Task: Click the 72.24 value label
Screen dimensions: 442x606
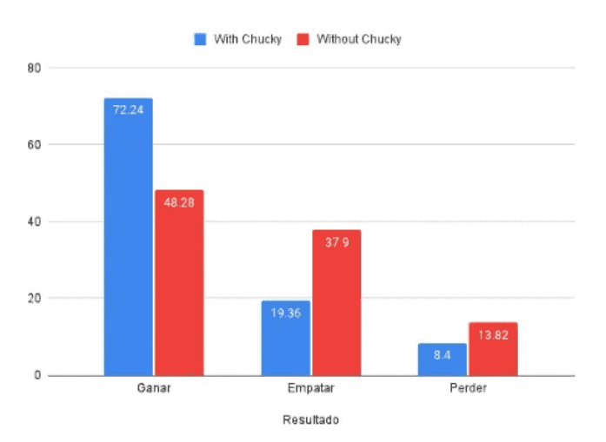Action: [128, 109]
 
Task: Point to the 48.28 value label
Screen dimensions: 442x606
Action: [179, 202]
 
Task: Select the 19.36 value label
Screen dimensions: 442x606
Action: [285, 313]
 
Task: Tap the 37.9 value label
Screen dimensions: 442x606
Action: [336, 242]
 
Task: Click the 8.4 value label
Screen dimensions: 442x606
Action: [442, 356]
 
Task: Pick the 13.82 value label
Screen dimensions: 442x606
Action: [493, 335]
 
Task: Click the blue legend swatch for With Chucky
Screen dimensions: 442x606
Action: [200, 39]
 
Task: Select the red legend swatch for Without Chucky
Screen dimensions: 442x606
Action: [303, 39]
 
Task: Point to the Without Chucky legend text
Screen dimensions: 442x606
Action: [358, 39]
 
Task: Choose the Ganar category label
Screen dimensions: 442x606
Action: [154, 389]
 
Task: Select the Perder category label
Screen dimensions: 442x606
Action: [468, 389]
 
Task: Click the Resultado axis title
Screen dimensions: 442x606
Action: [310, 420]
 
